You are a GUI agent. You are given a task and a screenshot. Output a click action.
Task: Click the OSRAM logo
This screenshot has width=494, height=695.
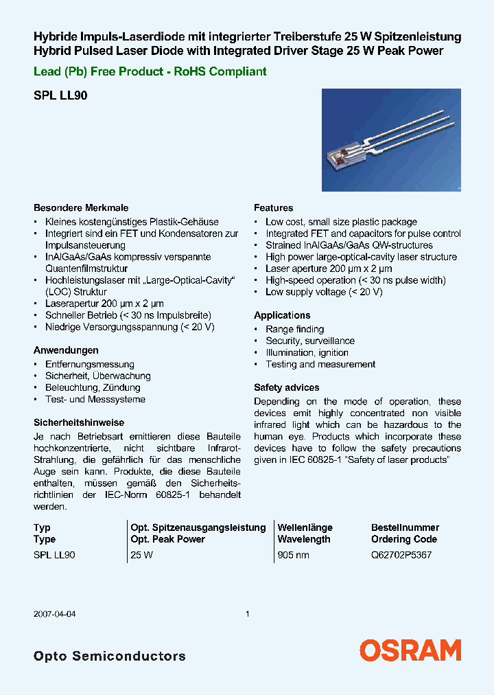pos(410,650)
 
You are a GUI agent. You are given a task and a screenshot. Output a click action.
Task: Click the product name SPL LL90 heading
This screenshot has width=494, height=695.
pos(60,97)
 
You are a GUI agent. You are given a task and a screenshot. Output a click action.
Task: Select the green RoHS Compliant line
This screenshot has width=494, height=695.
pos(150,71)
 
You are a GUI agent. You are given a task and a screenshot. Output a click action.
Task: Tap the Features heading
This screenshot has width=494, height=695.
pos(273,207)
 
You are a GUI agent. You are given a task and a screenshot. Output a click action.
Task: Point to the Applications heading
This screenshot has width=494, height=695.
pos(282,315)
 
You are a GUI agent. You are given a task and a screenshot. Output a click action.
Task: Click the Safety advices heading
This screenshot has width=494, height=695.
pos(286,387)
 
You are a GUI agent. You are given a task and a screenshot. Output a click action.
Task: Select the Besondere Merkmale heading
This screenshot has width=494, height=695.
pos(81,207)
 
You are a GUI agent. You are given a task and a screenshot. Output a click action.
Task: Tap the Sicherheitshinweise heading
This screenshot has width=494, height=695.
pos(79,422)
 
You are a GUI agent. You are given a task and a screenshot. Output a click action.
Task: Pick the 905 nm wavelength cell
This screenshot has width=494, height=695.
pos(293,555)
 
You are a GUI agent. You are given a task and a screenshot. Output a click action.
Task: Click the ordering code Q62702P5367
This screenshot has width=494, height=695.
pos(401,555)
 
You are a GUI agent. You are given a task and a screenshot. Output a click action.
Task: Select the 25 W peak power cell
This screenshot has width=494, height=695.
pos(141,555)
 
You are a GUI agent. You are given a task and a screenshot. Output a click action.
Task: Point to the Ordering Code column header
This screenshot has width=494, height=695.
pos(404,539)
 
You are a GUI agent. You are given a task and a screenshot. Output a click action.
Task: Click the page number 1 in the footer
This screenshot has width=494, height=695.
pos(248,614)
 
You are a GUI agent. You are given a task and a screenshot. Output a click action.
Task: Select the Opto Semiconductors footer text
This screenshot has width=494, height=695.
pos(109,656)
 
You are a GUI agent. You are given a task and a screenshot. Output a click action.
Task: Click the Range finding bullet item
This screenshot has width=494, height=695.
pos(294,329)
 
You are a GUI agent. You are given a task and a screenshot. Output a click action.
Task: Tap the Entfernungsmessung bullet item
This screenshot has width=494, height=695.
pos(89,364)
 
